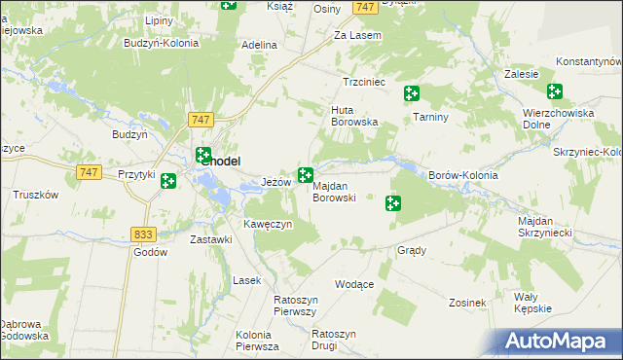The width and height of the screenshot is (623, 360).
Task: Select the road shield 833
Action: (x=143, y=234)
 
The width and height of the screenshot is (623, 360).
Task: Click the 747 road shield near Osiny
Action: (x=365, y=7)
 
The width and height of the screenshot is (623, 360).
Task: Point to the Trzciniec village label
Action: (x=365, y=83)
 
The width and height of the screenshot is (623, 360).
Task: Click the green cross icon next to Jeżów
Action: (x=306, y=175)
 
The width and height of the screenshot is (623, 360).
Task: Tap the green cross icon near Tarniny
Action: (x=413, y=93)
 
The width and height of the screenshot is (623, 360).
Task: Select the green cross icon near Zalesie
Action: (x=555, y=92)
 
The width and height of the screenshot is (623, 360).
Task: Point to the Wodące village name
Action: (x=354, y=284)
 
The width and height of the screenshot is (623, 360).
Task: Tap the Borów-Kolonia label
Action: (x=462, y=176)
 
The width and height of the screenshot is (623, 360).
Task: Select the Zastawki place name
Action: (x=210, y=239)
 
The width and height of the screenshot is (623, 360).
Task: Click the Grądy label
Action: (x=412, y=250)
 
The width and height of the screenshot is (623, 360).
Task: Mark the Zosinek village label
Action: (x=467, y=303)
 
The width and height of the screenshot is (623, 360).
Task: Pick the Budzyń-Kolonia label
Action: (x=162, y=43)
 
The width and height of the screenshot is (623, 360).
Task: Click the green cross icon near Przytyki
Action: (x=168, y=181)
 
